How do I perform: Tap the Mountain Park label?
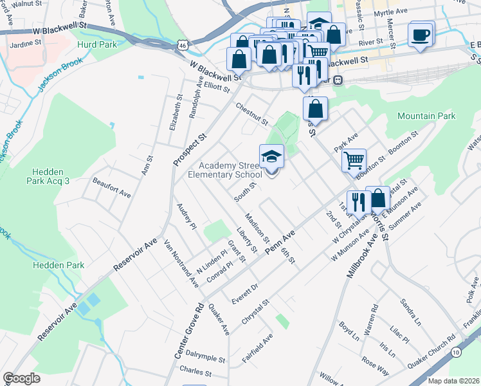click(x=426, y=116)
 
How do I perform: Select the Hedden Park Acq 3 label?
click(x=55, y=177)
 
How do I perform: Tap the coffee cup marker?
click(x=421, y=35)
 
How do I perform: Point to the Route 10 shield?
click(x=456, y=352)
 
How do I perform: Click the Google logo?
click(x=21, y=378)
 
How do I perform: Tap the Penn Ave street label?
click(x=284, y=242)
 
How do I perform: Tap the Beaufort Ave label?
click(x=111, y=185)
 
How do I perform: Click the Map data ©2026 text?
click(x=453, y=381)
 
